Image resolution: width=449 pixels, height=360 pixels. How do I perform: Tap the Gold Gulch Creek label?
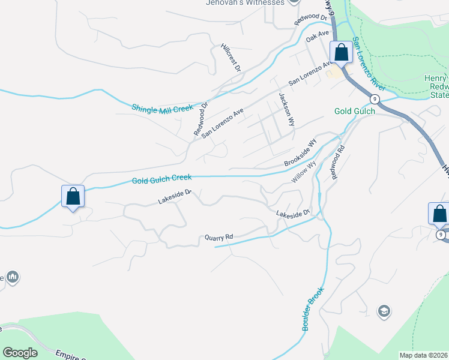coord(161,178)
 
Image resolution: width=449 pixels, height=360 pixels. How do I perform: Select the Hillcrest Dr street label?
coord(230,58)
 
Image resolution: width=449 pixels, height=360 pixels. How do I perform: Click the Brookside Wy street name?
coord(300,154)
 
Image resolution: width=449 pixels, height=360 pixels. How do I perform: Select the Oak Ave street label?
coord(318,37)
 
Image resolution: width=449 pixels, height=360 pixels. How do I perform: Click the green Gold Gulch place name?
coord(355,111)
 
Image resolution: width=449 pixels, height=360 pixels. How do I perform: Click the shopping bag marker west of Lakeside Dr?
coord(73,196)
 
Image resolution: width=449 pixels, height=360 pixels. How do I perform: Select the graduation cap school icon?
coord(384,311)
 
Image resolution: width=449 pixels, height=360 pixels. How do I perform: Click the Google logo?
coord(20,352)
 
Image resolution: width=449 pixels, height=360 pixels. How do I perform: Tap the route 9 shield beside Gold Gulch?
coord(375,98)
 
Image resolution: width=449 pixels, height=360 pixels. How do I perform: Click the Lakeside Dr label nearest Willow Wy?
coord(292,213)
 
